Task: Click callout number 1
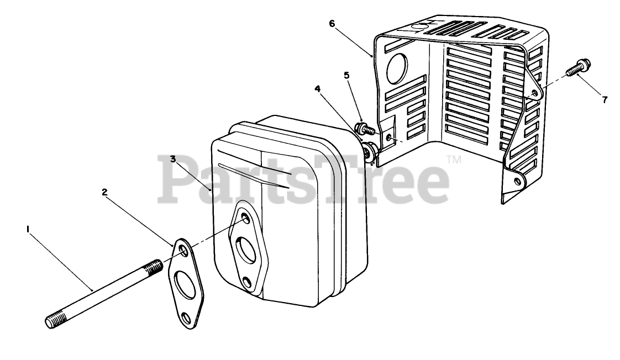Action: click(x=28, y=227)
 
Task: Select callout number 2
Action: click(x=104, y=192)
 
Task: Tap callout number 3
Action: click(x=173, y=159)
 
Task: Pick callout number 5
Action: click(x=346, y=75)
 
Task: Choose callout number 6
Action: click(x=332, y=23)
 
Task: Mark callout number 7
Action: click(x=605, y=100)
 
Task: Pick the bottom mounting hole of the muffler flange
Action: click(x=248, y=284)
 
